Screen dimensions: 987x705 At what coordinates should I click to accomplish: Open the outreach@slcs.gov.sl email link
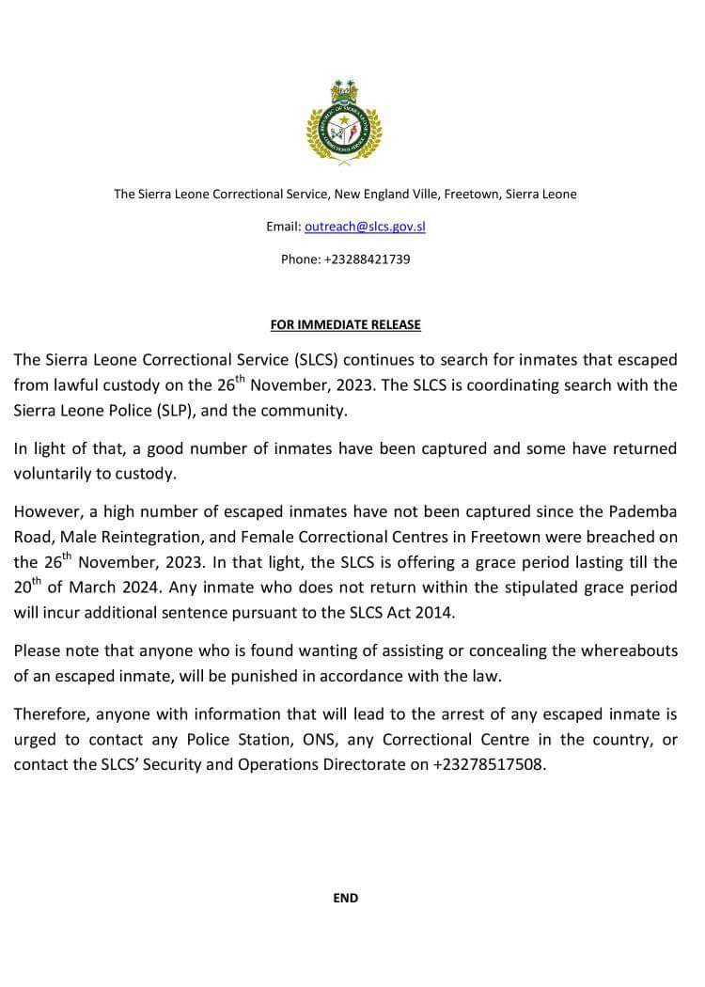click(365, 227)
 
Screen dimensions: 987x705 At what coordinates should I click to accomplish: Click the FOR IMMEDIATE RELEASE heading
click(345, 325)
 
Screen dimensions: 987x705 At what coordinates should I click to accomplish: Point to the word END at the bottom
click(345, 899)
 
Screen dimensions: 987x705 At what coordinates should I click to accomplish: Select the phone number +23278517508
click(489, 764)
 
